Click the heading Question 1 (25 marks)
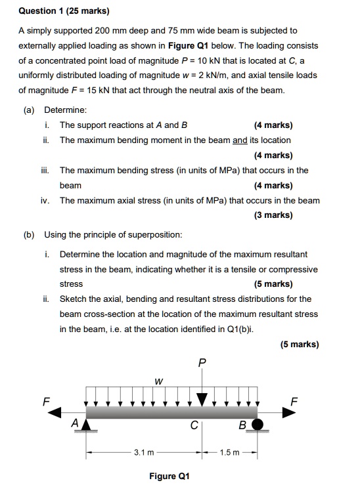64,11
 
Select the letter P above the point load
202,362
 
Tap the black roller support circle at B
258,423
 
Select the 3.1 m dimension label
144,452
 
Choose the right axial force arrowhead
289,412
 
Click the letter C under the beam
194,425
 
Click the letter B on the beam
242,425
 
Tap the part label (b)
31,234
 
